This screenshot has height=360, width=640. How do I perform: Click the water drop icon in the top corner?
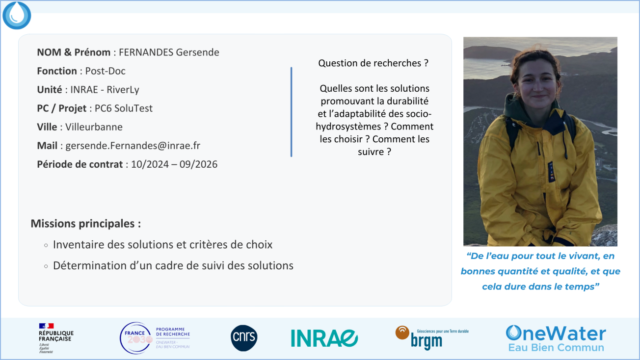click(17, 15)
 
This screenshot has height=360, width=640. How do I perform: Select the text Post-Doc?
click(106, 71)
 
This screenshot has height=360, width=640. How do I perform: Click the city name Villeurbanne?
click(94, 127)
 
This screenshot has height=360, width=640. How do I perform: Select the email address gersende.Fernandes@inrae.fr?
click(133, 146)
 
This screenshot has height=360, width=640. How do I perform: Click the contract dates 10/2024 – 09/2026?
click(174, 164)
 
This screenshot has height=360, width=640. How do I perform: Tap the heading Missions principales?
click(85, 224)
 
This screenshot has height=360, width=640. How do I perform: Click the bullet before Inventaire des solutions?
click(46, 245)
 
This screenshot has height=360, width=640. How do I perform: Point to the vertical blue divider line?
click(292, 112)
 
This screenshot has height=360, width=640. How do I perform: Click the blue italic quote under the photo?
click(540, 271)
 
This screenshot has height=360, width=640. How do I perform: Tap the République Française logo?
click(55, 338)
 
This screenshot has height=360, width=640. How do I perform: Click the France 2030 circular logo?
click(135, 338)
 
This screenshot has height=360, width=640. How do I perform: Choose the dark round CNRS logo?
click(244, 338)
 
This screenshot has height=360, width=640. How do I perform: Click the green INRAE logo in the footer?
click(324, 338)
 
